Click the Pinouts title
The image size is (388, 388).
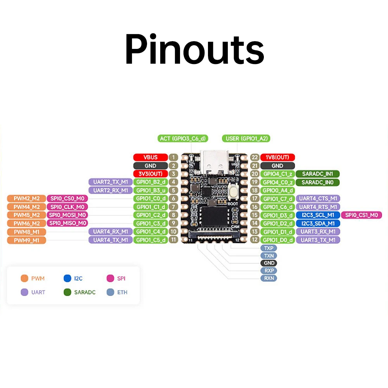[x=194, y=50]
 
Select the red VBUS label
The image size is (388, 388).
[x=150, y=157]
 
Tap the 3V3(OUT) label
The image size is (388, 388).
[x=150, y=174]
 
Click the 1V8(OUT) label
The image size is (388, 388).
[x=277, y=157]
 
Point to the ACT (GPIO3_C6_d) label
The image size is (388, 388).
[x=183, y=138]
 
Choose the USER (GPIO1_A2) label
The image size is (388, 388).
[x=246, y=138]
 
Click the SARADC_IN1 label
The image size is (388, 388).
[x=318, y=174]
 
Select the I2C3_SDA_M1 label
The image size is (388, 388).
[x=318, y=223]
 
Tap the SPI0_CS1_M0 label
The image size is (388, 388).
[x=361, y=215]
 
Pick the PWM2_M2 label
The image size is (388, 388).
[x=26, y=199]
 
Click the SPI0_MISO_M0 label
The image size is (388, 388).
[x=67, y=223]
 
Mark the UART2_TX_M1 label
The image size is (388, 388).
[x=111, y=182]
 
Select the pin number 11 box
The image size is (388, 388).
[x=173, y=240]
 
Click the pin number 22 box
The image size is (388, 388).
[x=255, y=157]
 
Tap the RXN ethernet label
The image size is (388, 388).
[x=268, y=278]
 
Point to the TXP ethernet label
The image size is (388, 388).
[x=268, y=248]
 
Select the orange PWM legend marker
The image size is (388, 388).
[x=24, y=278]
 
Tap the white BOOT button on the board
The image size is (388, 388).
[x=233, y=192]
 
